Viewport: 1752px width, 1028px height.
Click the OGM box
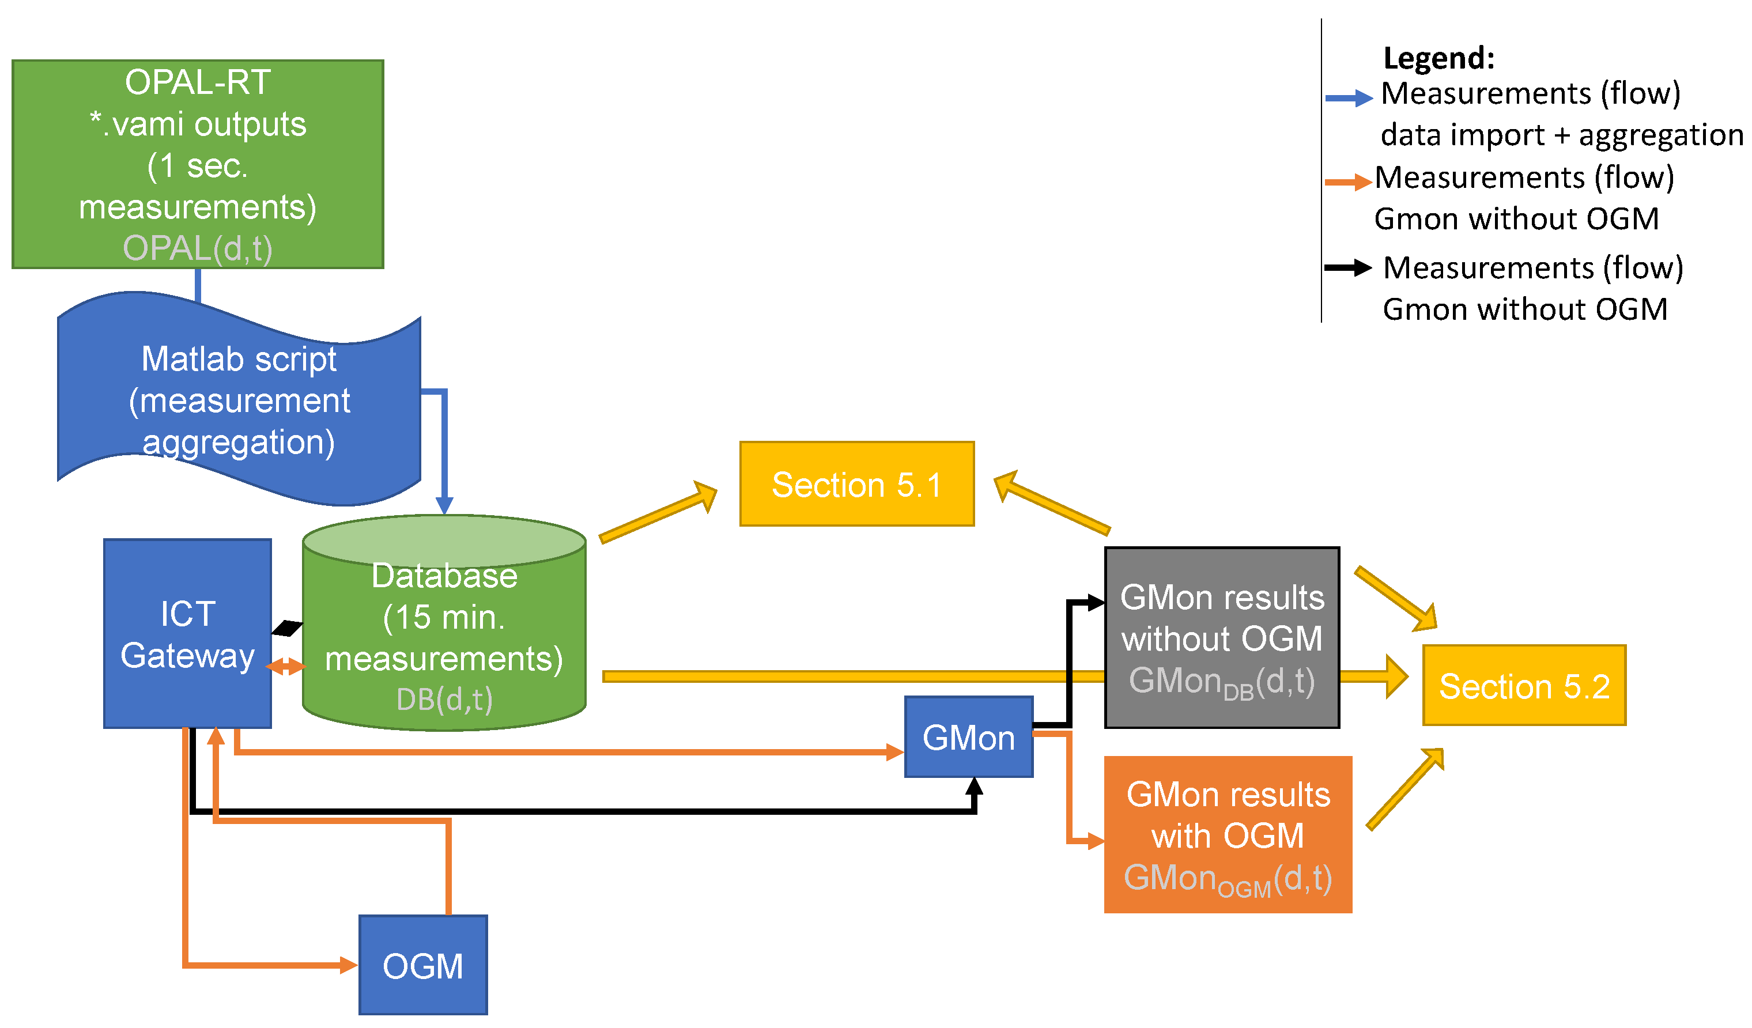click(x=422, y=965)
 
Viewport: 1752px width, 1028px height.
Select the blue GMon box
click(x=968, y=737)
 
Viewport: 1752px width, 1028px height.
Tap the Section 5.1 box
click(x=856, y=484)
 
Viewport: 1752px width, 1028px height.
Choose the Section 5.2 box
click(x=1524, y=685)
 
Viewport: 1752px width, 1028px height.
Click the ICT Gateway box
click(x=187, y=634)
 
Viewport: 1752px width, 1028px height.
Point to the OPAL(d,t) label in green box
click(x=198, y=248)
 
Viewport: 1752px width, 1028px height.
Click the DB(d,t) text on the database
click(x=444, y=699)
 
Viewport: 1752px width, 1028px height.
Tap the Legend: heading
click(x=1438, y=58)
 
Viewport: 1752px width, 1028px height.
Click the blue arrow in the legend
click(x=1349, y=98)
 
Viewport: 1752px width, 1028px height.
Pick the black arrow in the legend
click(x=1347, y=267)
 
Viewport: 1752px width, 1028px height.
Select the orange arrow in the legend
click(x=1347, y=183)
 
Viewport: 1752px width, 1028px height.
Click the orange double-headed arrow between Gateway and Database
click(x=286, y=667)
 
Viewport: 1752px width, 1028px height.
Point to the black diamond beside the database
click(x=287, y=628)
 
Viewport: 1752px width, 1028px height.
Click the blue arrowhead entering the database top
click(x=444, y=505)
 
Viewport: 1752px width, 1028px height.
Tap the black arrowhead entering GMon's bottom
click(x=975, y=787)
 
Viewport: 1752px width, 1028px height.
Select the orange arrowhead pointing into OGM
click(x=348, y=965)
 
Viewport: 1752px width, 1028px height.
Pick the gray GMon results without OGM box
click(x=1222, y=638)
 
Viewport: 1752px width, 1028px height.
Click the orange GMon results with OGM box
click(x=1228, y=834)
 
